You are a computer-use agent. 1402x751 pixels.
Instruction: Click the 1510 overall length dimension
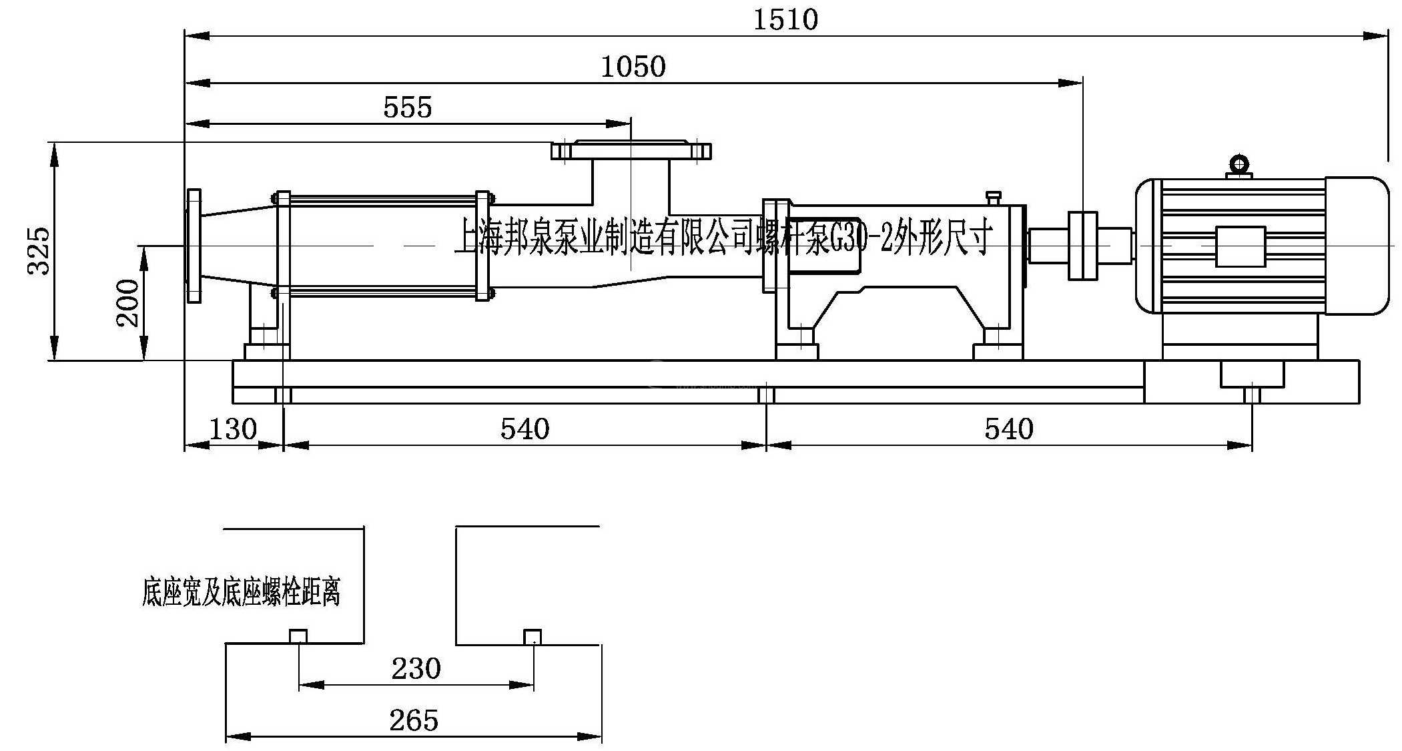click(x=785, y=19)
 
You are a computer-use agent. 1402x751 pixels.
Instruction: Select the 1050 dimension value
click(x=633, y=67)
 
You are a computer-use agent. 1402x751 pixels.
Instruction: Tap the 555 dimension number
click(x=407, y=107)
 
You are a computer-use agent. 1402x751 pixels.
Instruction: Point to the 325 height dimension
click(x=39, y=250)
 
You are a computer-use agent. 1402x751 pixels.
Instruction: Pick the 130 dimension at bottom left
click(x=233, y=429)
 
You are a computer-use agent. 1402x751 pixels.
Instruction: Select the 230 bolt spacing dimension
click(x=416, y=668)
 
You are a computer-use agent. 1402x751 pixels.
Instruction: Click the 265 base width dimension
click(x=414, y=720)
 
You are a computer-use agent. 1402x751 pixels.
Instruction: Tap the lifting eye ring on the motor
click(x=1239, y=164)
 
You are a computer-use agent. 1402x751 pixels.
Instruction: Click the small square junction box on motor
click(x=1240, y=246)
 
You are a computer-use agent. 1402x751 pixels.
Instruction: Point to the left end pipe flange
click(x=194, y=246)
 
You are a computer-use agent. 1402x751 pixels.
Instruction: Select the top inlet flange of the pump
click(x=631, y=151)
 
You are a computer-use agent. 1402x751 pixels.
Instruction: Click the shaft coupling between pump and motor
click(x=1082, y=246)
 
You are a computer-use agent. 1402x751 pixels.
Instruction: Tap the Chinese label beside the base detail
click(x=241, y=591)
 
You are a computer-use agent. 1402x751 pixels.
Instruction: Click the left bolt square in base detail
click(x=298, y=636)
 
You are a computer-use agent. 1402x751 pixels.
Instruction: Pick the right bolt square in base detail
click(x=532, y=636)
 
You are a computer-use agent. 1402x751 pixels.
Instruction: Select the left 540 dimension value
click(x=524, y=429)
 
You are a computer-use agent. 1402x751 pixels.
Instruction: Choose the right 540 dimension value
click(x=1008, y=429)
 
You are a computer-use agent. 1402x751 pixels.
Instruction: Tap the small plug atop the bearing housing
click(x=993, y=198)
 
